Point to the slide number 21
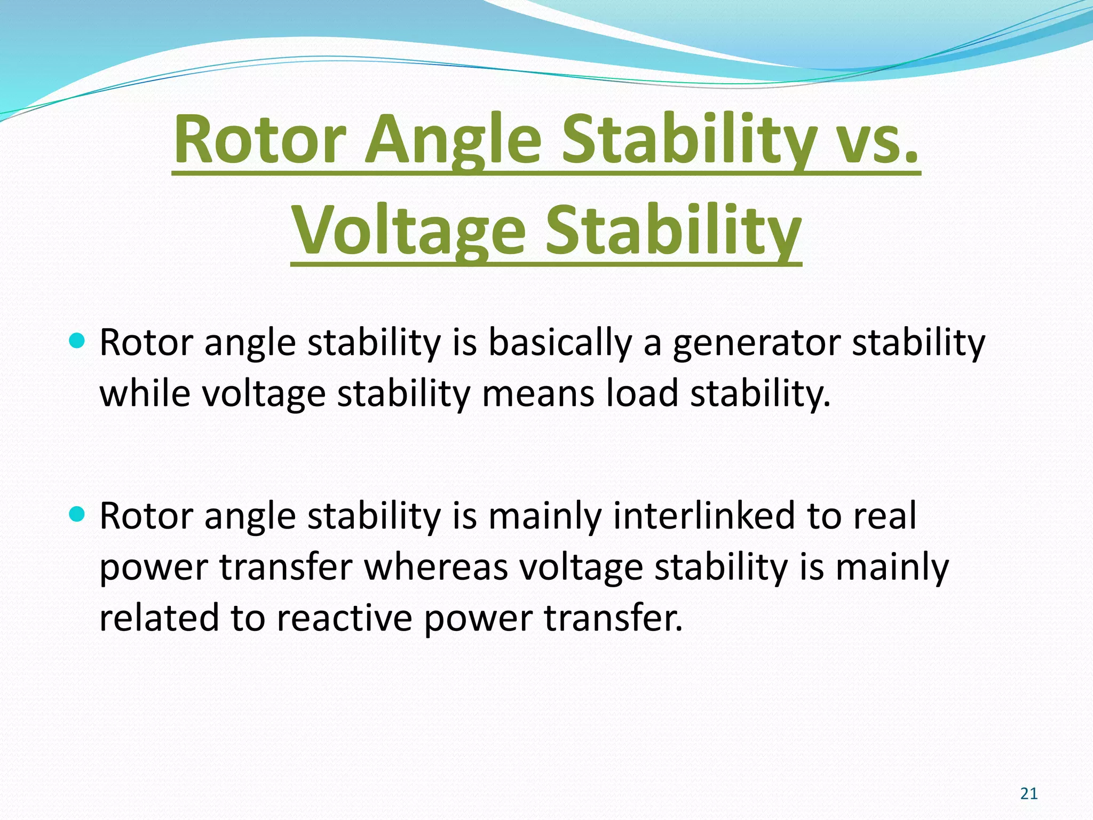point(1028,794)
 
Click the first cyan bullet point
point(77,341)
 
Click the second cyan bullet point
point(77,514)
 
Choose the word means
point(538,393)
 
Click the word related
point(159,618)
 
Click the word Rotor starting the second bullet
point(146,516)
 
